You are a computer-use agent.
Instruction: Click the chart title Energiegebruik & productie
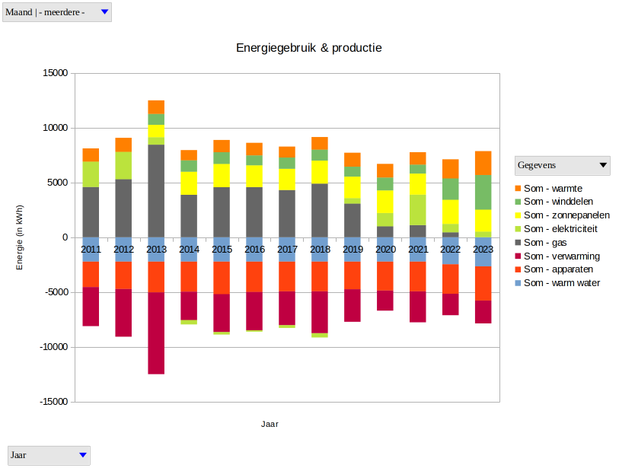click(308, 48)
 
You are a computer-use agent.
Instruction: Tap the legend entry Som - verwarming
click(557, 256)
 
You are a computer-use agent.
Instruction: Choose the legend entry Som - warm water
click(557, 283)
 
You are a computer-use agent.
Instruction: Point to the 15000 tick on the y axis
click(55, 73)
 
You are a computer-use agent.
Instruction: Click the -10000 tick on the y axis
click(53, 347)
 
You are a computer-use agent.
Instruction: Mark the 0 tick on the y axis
click(65, 237)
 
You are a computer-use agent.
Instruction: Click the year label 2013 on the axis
click(156, 250)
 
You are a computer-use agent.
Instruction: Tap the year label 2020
click(385, 250)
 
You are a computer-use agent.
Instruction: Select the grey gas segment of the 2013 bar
click(156, 190)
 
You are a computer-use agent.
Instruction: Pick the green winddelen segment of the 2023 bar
click(483, 192)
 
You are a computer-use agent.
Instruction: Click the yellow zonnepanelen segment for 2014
click(189, 183)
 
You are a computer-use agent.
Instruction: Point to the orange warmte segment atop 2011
click(91, 154)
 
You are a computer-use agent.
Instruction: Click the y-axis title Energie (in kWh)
click(21, 237)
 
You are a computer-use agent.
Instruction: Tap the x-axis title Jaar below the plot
click(270, 424)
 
